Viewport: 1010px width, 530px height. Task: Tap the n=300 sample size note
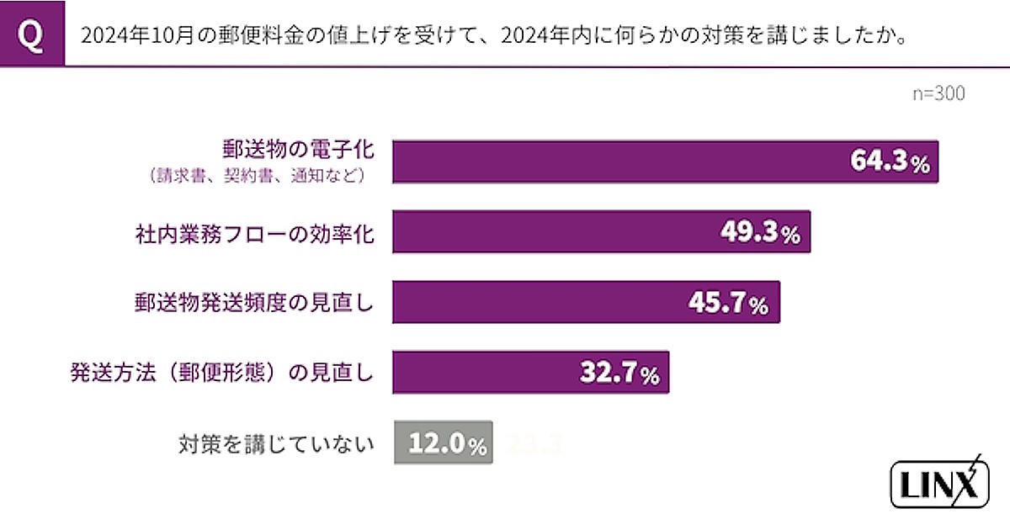pos(938,93)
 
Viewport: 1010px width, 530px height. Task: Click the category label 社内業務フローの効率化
pos(254,233)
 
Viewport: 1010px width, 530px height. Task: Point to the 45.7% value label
pos(729,303)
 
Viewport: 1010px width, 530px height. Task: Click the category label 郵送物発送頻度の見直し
pos(254,303)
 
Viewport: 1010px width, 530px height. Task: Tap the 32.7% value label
pos(619,373)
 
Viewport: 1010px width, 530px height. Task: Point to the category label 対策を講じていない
pos(275,443)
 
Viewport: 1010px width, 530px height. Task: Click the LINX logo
pos(938,484)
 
